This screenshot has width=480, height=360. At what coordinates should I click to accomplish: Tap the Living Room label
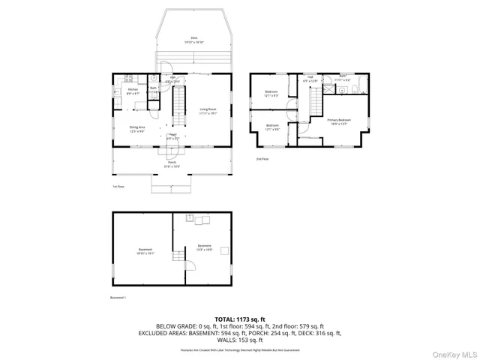click(x=208, y=112)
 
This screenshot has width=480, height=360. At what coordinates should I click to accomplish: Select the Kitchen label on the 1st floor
click(x=133, y=91)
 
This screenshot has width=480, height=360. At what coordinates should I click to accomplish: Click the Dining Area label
click(x=136, y=129)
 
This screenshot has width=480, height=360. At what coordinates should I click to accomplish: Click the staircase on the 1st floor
click(x=178, y=105)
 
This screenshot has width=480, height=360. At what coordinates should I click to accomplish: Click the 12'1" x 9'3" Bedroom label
click(x=271, y=94)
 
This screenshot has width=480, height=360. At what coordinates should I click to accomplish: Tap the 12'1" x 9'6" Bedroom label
click(x=271, y=127)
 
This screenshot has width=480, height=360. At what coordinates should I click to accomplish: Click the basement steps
click(x=178, y=259)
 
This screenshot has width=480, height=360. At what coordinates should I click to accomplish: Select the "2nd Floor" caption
click(x=262, y=159)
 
